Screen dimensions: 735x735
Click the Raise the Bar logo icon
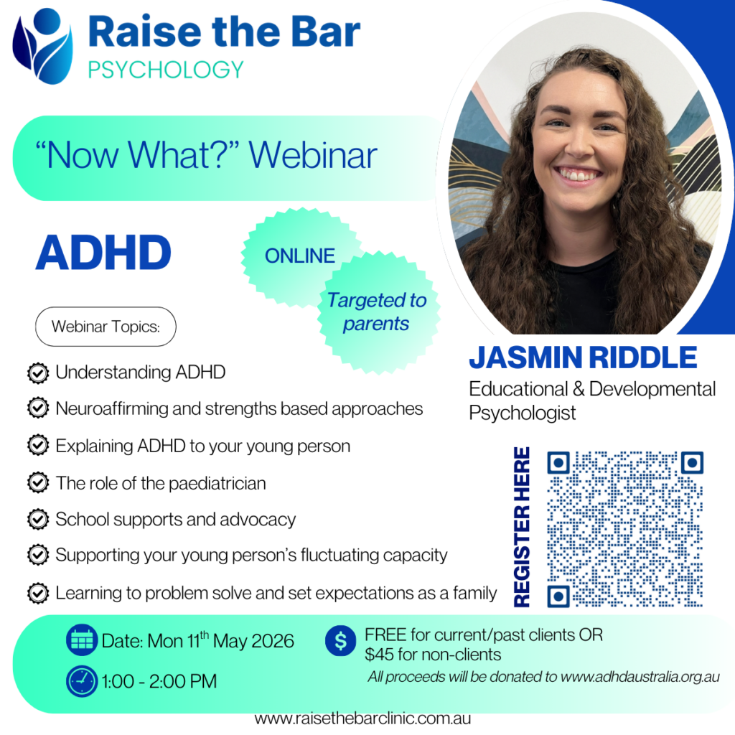click(43, 45)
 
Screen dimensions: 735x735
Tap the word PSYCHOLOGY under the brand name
click(166, 70)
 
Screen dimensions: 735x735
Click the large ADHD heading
click(103, 253)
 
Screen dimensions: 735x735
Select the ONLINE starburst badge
click(299, 256)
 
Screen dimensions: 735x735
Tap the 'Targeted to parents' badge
click(376, 312)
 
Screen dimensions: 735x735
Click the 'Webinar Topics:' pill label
click(106, 327)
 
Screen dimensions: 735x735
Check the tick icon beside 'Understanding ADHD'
click(37, 373)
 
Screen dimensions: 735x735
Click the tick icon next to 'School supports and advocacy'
click(37, 519)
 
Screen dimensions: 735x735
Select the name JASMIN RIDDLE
click(583, 357)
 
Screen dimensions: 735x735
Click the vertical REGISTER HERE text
click(523, 527)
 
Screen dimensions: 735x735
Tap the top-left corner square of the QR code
click(558, 463)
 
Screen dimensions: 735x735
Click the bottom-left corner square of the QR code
click(558, 596)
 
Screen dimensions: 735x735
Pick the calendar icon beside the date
click(81, 640)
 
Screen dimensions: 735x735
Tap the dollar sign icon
click(340, 640)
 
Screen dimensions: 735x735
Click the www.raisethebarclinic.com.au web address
click(362, 718)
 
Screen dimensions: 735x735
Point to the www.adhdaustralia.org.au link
click(640, 677)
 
